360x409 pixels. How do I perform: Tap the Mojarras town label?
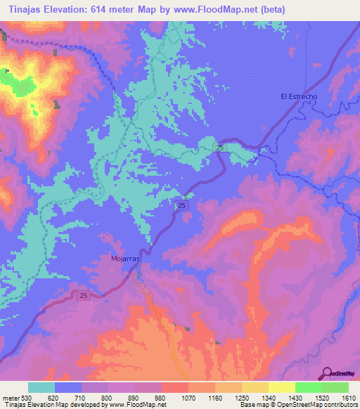(127, 258)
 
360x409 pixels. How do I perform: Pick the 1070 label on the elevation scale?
(188, 397)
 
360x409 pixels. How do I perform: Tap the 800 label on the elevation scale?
(108, 397)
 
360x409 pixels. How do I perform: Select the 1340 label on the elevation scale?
(268, 397)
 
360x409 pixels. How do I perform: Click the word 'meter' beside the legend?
(11, 397)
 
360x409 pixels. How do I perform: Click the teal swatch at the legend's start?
(41, 387)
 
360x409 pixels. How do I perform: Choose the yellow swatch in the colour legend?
(281, 387)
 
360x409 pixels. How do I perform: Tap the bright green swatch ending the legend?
(335, 387)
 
